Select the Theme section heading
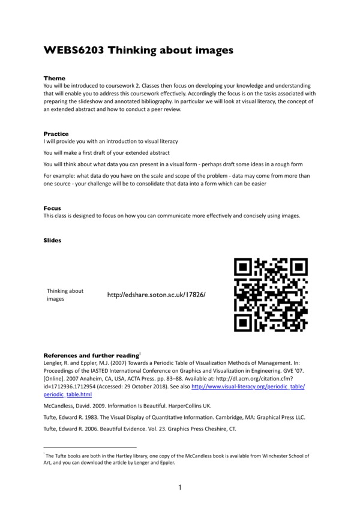point(55,79)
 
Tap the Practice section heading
point(56,133)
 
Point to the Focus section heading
point(52,208)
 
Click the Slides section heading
point(53,240)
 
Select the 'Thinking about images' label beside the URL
point(65,295)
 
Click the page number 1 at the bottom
point(180,487)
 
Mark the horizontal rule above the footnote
point(90,447)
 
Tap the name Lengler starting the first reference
point(55,363)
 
